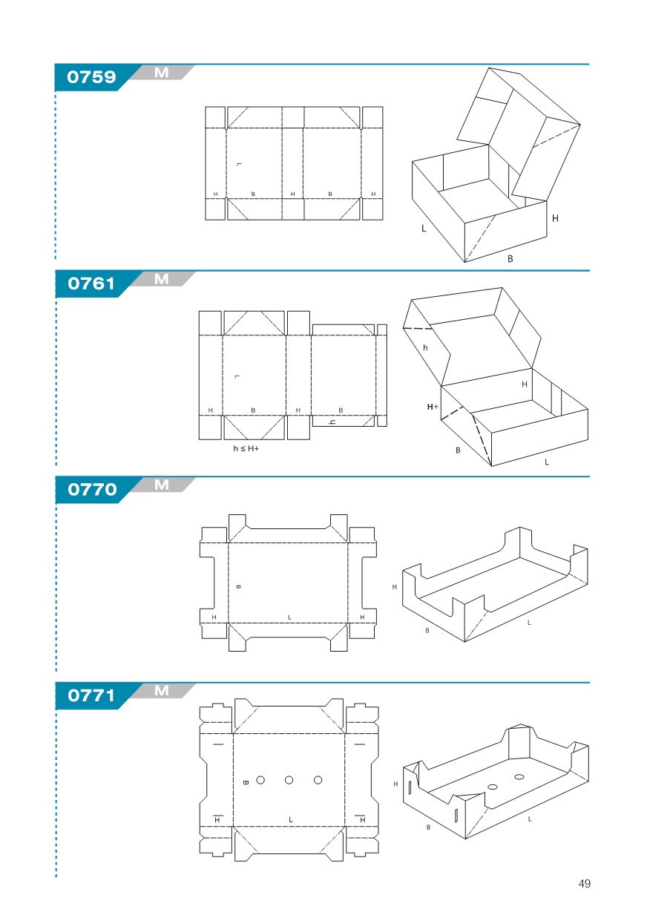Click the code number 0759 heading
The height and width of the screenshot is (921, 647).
91,77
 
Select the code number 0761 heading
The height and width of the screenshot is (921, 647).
91,283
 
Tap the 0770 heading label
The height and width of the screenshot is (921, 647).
92,489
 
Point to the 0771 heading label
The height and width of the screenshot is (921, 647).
91,695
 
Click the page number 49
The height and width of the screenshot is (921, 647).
584,883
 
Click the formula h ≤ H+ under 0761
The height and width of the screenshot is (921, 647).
246,448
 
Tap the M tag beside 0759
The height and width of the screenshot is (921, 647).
162,73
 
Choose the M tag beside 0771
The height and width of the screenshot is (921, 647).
162,690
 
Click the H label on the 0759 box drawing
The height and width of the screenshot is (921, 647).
555,218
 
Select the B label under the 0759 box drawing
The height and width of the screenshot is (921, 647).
510,258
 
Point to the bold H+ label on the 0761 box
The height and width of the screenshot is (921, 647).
433,407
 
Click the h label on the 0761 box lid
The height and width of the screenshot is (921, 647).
425,347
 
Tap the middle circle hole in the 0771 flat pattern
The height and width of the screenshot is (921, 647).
289,780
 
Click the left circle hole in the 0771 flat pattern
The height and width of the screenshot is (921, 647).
260,780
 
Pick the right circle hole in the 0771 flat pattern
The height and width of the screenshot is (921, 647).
318,780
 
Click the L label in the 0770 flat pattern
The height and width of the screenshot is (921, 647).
289,617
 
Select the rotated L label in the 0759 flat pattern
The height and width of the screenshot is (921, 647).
239,165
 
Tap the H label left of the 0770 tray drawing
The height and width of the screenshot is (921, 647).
395,587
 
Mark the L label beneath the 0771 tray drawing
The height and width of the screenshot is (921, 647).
530,819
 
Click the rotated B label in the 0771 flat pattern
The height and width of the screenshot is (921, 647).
246,782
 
